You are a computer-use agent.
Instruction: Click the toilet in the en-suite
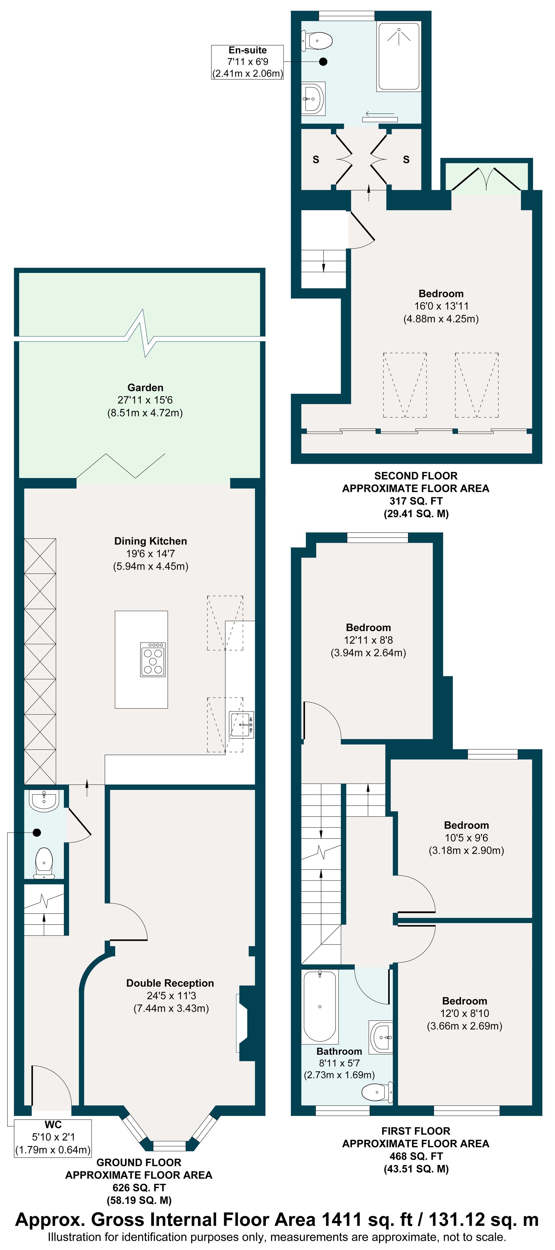317,41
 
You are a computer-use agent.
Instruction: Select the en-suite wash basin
313,99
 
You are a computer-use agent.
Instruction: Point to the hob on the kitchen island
153,659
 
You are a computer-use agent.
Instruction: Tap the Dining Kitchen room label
150,541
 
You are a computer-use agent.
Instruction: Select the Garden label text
145,387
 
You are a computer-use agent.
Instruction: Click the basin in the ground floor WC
44,800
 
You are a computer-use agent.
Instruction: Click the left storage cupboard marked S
316,159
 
